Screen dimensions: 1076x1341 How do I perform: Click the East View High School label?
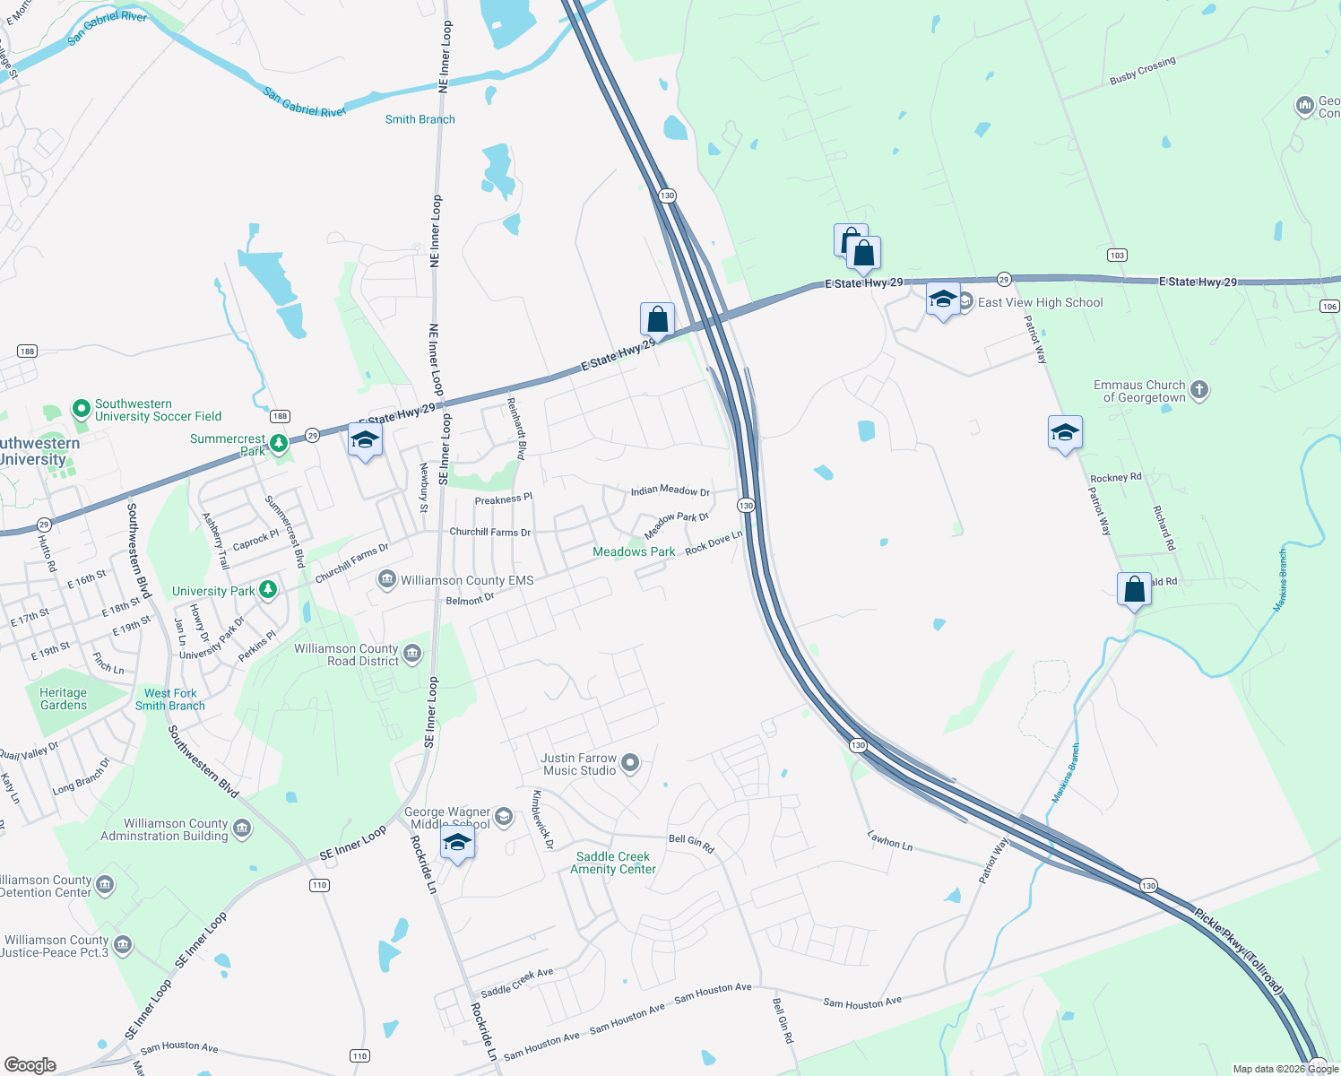1040,303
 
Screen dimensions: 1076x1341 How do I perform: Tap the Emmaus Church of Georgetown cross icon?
1199,390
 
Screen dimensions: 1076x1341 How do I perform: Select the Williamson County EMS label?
466,581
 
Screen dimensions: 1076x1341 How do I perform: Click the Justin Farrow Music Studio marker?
630,763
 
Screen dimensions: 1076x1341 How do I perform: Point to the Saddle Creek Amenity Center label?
613,863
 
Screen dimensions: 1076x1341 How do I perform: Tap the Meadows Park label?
634,552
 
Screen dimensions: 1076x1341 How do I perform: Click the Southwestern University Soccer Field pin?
82,410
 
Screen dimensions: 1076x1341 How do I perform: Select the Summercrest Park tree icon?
279,443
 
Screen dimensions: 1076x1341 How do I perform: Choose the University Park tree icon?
267,589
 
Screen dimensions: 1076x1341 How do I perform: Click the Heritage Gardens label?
64,699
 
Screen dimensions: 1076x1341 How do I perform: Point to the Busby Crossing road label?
1142,71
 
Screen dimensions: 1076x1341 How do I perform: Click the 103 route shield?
1116,256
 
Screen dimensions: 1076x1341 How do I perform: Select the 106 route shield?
1329,307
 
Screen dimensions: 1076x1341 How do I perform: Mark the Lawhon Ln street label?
889,840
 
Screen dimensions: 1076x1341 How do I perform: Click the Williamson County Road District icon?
412,653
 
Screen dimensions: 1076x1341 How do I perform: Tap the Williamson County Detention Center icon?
105,886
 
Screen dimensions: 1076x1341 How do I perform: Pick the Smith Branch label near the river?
420,119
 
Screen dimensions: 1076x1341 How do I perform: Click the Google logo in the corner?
30,1065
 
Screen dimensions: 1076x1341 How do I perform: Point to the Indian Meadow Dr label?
670,490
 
